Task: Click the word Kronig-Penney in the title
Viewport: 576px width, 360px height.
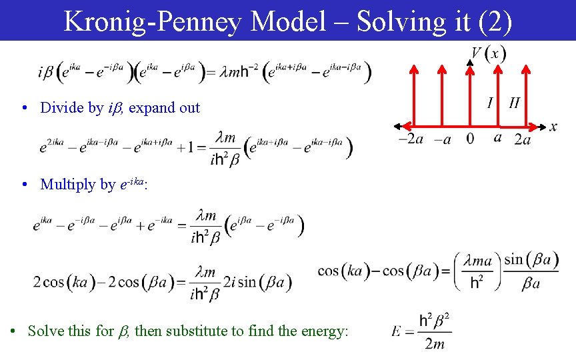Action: (153, 21)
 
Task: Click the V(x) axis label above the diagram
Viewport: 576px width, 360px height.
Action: (488, 53)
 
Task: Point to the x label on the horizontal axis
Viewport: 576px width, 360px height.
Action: (553, 127)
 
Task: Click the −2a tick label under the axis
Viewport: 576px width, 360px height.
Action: (411, 139)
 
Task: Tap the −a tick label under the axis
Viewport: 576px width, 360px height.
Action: (443, 139)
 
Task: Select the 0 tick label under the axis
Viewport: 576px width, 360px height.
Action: (471, 139)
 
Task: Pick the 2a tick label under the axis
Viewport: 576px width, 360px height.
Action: (523, 139)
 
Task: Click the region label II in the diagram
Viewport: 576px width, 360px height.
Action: (514, 103)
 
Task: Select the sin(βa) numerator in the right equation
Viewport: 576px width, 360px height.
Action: (531, 259)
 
